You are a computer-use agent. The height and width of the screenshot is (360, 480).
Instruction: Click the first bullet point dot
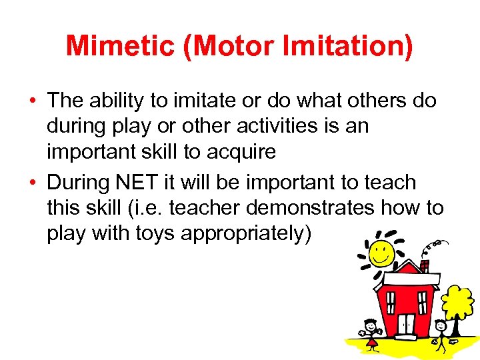click(33, 101)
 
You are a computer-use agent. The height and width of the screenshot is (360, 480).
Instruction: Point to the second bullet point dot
click(33, 183)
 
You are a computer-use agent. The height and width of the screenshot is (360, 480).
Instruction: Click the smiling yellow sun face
click(382, 252)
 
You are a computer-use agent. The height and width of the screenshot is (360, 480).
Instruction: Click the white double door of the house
click(406, 325)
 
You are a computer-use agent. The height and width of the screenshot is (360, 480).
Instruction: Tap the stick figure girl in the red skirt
click(371, 333)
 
